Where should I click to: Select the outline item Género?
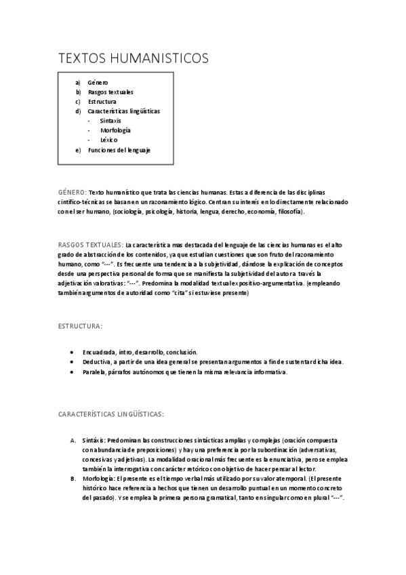(98, 82)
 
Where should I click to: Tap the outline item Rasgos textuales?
(110, 92)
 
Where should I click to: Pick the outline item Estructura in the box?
(102, 101)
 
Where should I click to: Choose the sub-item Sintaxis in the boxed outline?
(110, 120)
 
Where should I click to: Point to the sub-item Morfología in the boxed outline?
(115, 130)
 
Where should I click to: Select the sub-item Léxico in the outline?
(108, 140)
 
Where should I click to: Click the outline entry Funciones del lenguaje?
(119, 149)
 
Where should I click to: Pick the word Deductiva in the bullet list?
(96, 362)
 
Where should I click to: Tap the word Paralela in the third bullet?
(94, 372)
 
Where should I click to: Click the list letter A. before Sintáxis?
(73, 440)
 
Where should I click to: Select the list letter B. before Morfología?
(73, 479)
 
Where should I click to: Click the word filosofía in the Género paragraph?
(290, 212)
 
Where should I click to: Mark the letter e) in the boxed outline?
(79, 149)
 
